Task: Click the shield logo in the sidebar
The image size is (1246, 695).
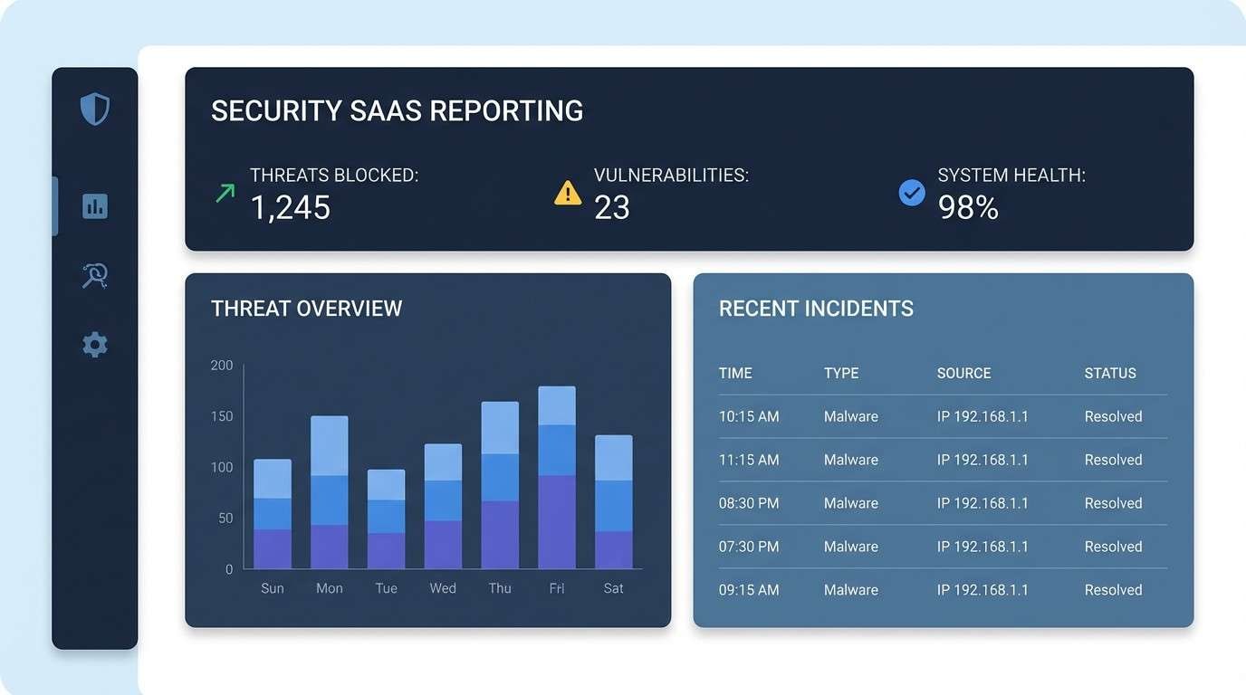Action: (95, 109)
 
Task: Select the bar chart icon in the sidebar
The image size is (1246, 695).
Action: (95, 206)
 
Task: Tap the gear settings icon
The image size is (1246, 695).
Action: (95, 345)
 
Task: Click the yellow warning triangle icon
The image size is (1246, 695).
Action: (568, 193)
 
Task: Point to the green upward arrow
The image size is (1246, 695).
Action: (225, 192)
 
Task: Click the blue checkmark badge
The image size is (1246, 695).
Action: (912, 192)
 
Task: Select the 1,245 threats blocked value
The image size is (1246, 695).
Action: (291, 208)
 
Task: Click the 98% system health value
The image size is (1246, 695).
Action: (968, 208)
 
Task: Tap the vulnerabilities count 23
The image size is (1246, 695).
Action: (612, 208)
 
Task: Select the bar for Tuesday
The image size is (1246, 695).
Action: (386, 519)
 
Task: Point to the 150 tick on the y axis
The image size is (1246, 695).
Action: (222, 416)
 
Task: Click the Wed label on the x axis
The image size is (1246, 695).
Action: (443, 588)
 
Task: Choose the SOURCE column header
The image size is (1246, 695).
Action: (963, 373)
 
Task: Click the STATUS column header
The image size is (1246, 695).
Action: (1110, 373)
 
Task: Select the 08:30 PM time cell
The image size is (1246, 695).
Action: (749, 503)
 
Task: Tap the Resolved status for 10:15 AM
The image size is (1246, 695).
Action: (1113, 416)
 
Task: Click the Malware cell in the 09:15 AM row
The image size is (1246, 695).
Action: (850, 590)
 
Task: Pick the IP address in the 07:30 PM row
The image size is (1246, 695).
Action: (982, 547)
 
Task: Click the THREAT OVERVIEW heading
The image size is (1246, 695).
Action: (306, 309)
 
